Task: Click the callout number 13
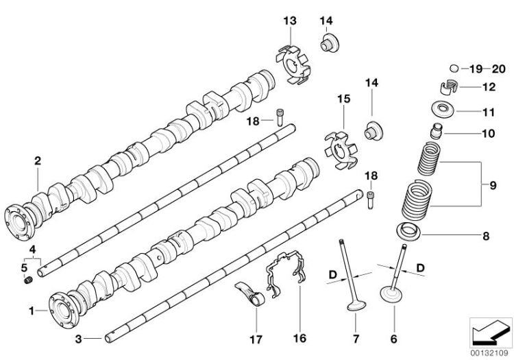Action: pyautogui.click(x=290, y=21)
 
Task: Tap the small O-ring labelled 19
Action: pyautogui.click(x=454, y=68)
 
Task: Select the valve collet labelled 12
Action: pyautogui.click(x=449, y=87)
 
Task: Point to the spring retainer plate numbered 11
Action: pyautogui.click(x=443, y=109)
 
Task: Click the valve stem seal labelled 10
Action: pyautogui.click(x=437, y=131)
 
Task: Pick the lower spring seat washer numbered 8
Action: pyautogui.click(x=408, y=230)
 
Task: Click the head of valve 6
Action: pyautogui.click(x=391, y=293)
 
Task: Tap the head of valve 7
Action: pyautogui.click(x=356, y=307)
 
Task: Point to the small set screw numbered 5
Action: pyautogui.click(x=29, y=280)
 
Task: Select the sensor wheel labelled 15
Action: pyautogui.click(x=341, y=151)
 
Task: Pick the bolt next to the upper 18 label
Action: pyautogui.click(x=280, y=117)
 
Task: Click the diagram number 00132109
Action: pyautogui.click(x=490, y=353)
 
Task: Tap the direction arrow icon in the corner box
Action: pyautogui.click(x=491, y=332)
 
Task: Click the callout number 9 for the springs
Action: pyautogui.click(x=493, y=185)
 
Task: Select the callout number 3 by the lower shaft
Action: pyautogui.click(x=78, y=339)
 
